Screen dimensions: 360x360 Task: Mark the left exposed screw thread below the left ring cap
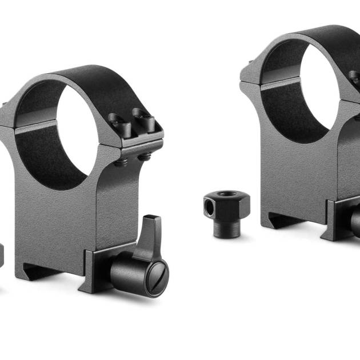click(122, 163)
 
